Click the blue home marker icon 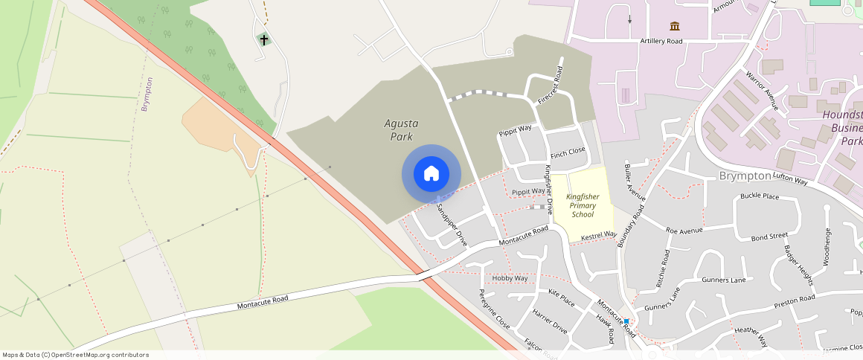[431, 174]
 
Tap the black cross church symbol [263, 39]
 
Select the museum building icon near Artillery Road [675, 26]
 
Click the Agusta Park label [401, 129]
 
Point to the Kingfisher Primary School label [583, 205]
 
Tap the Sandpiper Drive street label [452, 225]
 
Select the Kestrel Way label [598, 236]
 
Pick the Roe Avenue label [684, 231]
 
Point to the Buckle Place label [760, 196]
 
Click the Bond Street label [769, 237]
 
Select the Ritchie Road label [664, 267]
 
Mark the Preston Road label [795, 299]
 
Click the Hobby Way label [510, 278]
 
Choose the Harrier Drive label [550, 321]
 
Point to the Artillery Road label [661, 41]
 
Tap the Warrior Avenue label [762, 91]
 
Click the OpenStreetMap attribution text [76, 355]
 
